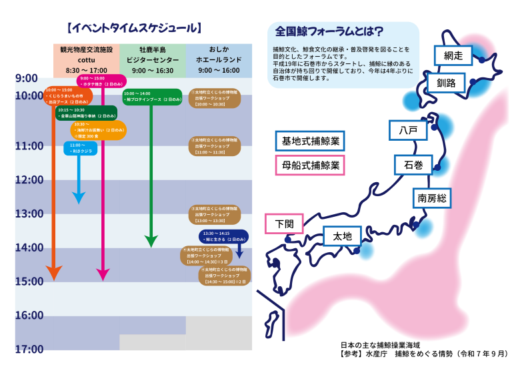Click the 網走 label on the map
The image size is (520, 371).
tap(453, 56)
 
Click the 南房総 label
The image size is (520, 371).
tap(431, 198)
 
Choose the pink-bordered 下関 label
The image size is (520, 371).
tap(284, 224)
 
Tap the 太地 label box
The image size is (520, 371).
tap(342, 236)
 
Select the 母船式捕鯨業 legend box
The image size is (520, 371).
tap(309, 164)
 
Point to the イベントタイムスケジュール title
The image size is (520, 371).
tap(135, 28)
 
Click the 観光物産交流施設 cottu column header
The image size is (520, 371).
tap(87, 59)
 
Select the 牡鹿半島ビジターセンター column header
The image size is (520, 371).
tap(153, 59)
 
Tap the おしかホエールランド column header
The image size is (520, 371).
tap(219, 59)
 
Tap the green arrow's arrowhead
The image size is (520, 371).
tap(151, 241)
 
